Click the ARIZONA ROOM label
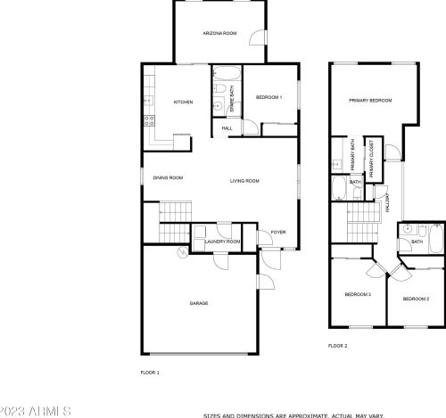click(x=218, y=33)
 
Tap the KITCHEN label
click(x=183, y=102)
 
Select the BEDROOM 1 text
click(x=268, y=97)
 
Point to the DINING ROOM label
click(x=168, y=178)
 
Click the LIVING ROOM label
click(x=244, y=181)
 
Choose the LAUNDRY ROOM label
click(x=222, y=242)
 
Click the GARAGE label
click(x=198, y=303)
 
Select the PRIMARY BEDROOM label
click(x=370, y=101)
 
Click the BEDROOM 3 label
click(x=358, y=294)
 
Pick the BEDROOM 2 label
click(x=415, y=299)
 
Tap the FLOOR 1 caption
click(x=150, y=371)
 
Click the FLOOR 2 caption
click(x=337, y=345)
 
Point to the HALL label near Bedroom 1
click(x=227, y=128)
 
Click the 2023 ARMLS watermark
click(x=36, y=410)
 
